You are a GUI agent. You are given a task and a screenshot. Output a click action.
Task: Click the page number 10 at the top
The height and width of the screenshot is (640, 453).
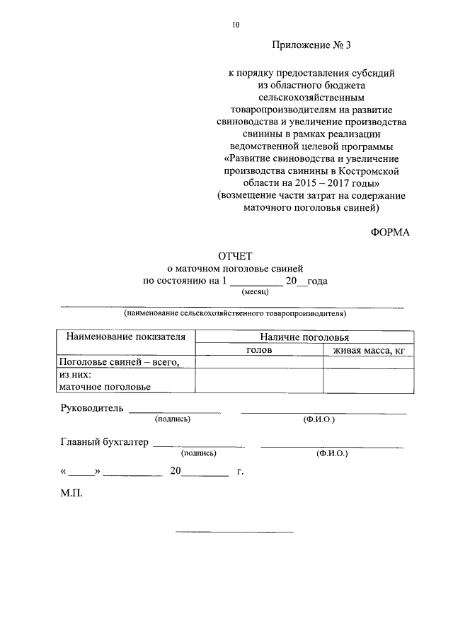pyautogui.click(x=235, y=25)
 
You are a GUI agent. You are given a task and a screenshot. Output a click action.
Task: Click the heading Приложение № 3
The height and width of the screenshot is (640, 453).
pyautogui.click(x=311, y=45)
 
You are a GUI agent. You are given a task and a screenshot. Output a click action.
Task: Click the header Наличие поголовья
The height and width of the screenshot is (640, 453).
pyautogui.click(x=304, y=337)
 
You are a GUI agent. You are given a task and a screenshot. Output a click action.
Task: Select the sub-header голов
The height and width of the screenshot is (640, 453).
pyautogui.click(x=259, y=350)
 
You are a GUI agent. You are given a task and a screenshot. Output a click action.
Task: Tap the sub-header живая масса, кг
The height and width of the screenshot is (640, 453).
pyautogui.click(x=367, y=350)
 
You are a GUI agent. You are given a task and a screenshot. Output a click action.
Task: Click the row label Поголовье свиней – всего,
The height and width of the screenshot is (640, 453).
pyautogui.click(x=119, y=362)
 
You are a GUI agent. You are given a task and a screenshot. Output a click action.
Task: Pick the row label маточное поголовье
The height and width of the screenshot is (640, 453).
pyautogui.click(x=104, y=386)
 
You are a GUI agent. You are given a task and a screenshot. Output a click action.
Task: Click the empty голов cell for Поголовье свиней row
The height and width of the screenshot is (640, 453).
pyautogui.click(x=259, y=362)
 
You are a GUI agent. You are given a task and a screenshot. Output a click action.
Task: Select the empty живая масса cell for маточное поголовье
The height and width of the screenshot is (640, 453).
pyautogui.click(x=367, y=380)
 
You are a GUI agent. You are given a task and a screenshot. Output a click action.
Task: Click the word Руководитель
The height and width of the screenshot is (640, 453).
pyautogui.click(x=92, y=408)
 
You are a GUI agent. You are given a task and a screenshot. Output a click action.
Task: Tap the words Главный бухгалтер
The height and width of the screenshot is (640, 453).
pyautogui.click(x=105, y=442)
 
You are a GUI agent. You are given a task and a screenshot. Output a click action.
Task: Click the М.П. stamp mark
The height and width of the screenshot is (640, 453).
pyautogui.click(x=71, y=494)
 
